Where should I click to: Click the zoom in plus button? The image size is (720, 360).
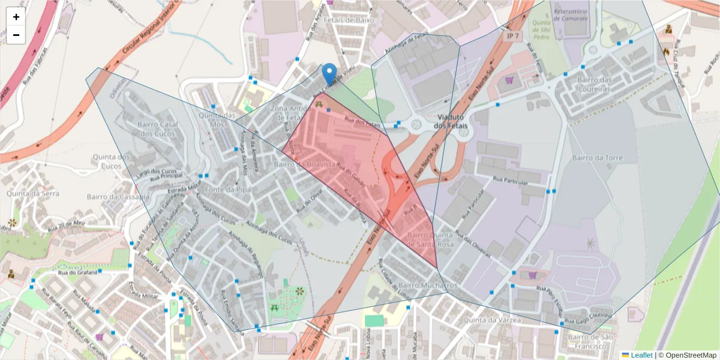tap(16, 17)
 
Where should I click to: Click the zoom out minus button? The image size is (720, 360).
tap(16, 35)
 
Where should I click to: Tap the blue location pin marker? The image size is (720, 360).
tap(329, 74)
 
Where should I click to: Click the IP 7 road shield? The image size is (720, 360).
tap(512, 37)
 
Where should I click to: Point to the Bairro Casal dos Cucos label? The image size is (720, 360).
tap(155, 128)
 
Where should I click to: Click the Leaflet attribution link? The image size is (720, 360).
tap(641, 355)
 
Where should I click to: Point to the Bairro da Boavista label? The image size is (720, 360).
tap(303, 164)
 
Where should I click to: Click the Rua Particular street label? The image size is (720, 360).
tap(510, 181)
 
